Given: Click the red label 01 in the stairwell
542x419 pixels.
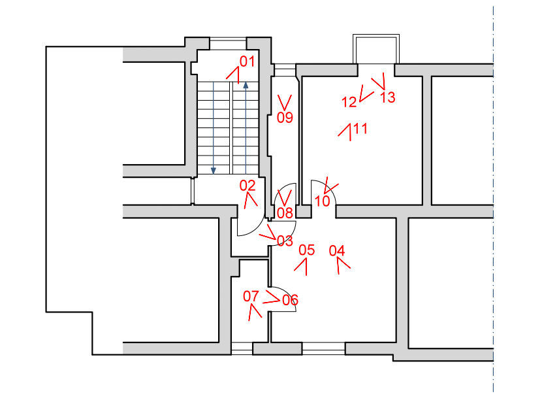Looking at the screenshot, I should pyautogui.click(x=246, y=62).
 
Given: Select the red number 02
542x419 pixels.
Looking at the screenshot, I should pyautogui.click(x=247, y=185).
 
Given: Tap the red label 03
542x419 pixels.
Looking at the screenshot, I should pyautogui.click(x=285, y=241).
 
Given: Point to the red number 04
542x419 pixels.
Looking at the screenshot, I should pyautogui.click(x=337, y=250).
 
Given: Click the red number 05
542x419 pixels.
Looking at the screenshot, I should pyautogui.click(x=306, y=250).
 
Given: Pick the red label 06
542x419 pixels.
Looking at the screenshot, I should pyautogui.click(x=290, y=300).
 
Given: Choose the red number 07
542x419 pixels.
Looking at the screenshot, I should pyautogui.click(x=251, y=296).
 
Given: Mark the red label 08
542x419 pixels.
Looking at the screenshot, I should pyautogui.click(x=285, y=212).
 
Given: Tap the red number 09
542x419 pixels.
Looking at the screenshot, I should pyautogui.click(x=285, y=118).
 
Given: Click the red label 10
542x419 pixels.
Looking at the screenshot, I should pyautogui.click(x=322, y=201).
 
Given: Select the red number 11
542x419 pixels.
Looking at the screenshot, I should pyautogui.click(x=360, y=128).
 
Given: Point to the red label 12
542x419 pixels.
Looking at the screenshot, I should pyautogui.click(x=349, y=101).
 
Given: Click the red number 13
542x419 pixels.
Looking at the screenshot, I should pyautogui.click(x=387, y=97).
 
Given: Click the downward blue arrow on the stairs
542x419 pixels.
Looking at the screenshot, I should pyautogui.click(x=213, y=170).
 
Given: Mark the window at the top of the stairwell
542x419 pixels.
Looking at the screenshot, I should pyautogui.click(x=228, y=44).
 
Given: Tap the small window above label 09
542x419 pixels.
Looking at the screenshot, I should pyautogui.click(x=285, y=69).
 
